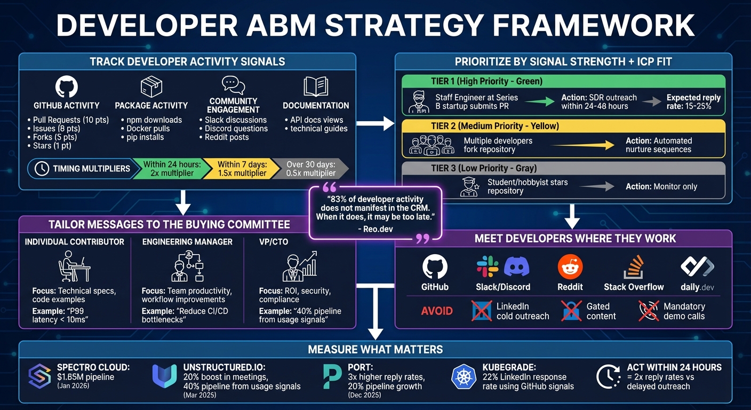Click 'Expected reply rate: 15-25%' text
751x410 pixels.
click(x=693, y=102)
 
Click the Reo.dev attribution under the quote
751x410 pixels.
click(x=375, y=229)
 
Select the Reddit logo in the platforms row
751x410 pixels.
click(x=570, y=267)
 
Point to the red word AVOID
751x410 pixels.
click(x=437, y=311)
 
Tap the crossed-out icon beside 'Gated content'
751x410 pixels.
click(x=571, y=311)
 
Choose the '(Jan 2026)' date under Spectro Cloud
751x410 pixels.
click(x=73, y=386)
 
